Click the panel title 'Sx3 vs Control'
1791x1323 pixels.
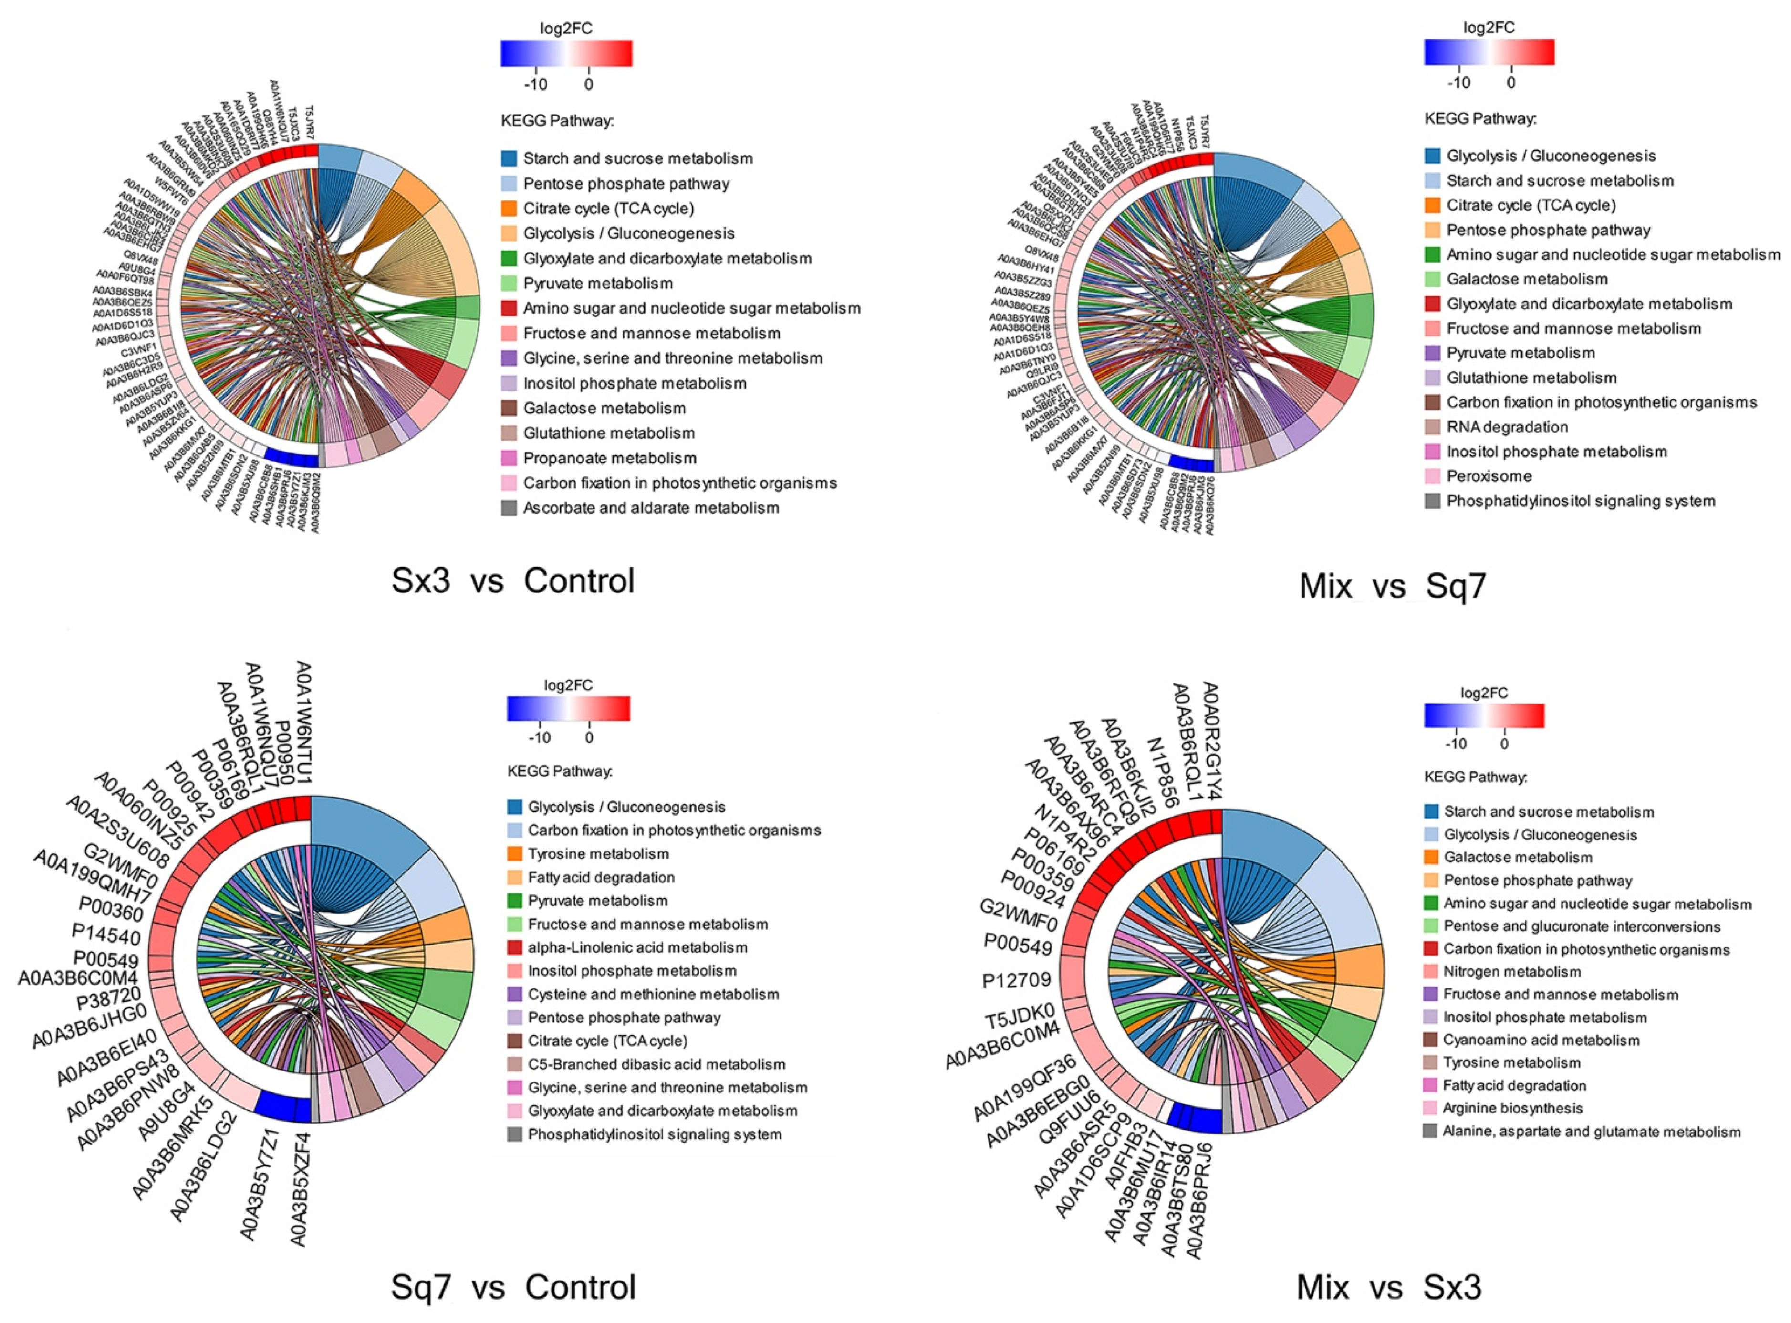click(x=512, y=581)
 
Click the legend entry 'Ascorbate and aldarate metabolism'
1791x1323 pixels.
click(x=650, y=508)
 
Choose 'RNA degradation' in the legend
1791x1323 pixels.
click(x=1507, y=427)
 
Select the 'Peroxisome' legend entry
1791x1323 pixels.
click(x=1489, y=476)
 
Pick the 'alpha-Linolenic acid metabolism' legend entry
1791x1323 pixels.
click(x=637, y=947)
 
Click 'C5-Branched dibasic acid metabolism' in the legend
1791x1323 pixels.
click(x=656, y=1064)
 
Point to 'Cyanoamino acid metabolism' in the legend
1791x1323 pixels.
click(x=1541, y=1041)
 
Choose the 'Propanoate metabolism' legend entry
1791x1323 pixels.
click(x=609, y=458)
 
